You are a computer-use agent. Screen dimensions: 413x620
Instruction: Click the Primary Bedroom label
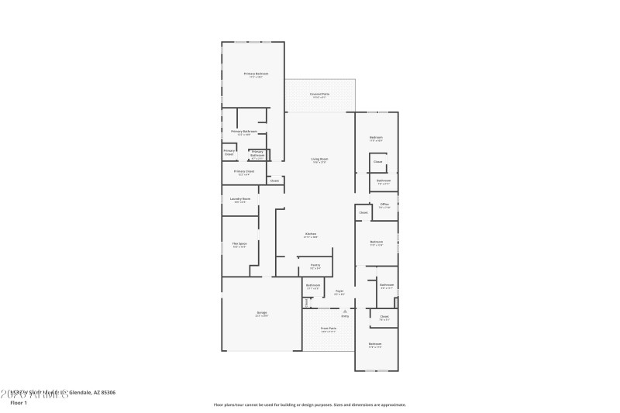point(256,74)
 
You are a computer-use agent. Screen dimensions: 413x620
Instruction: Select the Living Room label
point(320,160)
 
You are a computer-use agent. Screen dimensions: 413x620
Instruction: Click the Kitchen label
point(310,234)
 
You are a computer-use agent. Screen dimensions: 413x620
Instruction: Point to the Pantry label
point(315,265)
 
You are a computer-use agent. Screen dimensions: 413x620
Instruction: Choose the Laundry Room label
point(240,199)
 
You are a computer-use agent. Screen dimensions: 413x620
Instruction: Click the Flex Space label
point(239,244)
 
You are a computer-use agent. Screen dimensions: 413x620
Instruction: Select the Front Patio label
point(329,329)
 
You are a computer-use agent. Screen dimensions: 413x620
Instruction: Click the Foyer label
point(339,292)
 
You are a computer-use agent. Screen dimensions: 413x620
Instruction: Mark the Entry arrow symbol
point(345,311)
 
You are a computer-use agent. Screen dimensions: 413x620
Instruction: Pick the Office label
point(384,205)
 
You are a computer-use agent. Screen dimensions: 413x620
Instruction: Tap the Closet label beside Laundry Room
point(274,181)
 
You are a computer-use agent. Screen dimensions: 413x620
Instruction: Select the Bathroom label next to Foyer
point(313,286)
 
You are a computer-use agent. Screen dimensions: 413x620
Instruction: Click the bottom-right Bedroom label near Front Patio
point(375,344)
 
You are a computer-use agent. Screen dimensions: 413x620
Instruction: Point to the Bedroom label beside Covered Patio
point(376,139)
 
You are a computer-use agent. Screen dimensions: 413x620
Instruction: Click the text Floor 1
point(19,403)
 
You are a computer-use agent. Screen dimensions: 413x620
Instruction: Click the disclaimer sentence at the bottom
point(309,404)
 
